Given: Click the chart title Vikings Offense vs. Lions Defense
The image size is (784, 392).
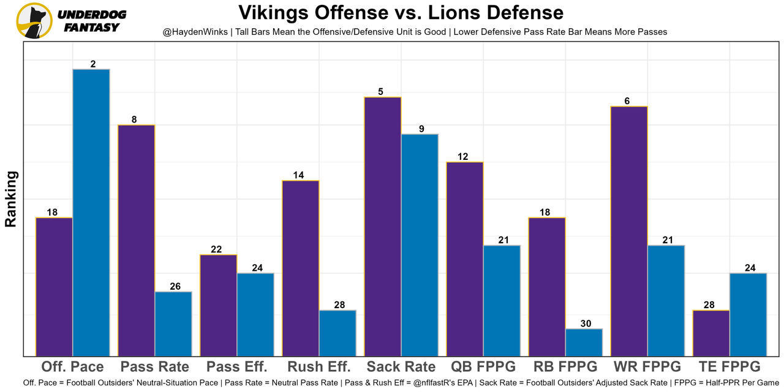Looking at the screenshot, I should point(401,13).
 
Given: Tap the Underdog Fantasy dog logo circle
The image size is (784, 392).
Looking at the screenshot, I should point(34,20).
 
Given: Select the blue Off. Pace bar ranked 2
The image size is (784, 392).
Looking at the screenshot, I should point(91,212).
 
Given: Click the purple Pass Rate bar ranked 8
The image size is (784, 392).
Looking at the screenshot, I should point(137,240).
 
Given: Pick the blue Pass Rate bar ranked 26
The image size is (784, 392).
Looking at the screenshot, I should point(173,323).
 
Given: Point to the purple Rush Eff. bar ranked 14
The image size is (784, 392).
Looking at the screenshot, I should point(301,268).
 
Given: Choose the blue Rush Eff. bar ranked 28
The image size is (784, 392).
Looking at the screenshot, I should point(337,333).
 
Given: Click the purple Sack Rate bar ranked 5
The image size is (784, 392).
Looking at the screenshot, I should point(383,226).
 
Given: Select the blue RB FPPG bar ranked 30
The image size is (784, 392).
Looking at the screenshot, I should point(584,342).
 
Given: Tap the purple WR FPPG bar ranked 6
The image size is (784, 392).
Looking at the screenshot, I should point(629,231).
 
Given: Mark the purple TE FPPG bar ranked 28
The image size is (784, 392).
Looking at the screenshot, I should point(711,333).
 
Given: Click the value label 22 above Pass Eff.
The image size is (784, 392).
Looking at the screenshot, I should point(216,249).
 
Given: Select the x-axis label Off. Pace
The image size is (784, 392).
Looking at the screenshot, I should point(72,367).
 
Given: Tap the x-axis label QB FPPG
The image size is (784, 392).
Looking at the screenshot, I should point(483,367).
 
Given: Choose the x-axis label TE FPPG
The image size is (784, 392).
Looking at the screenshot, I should point(729,367).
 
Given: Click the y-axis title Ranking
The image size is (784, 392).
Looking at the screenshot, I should point(11,199).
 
